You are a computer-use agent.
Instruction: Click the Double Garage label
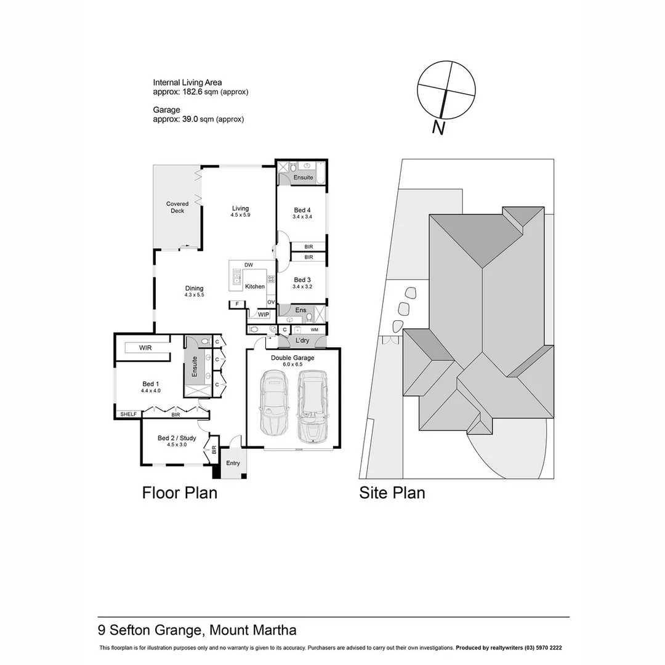click(x=292, y=358)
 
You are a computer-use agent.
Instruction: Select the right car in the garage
click(x=313, y=406)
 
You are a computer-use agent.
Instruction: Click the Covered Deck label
click(x=177, y=207)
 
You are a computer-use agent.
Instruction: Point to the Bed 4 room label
click(x=302, y=210)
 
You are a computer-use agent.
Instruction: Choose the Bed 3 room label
click(x=302, y=280)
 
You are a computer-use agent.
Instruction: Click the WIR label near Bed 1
click(x=145, y=348)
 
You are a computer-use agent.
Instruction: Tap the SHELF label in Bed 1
click(x=128, y=414)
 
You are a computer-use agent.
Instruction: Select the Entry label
click(x=233, y=463)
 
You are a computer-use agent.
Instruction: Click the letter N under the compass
click(x=438, y=127)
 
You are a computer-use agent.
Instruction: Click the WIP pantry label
click(x=264, y=315)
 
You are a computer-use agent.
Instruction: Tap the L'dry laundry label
click(x=302, y=341)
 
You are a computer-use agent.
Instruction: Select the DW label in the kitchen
click(x=249, y=265)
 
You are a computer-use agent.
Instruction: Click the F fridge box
click(x=236, y=304)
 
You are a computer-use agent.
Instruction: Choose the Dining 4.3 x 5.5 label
click(x=194, y=291)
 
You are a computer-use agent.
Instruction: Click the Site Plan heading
click(x=392, y=493)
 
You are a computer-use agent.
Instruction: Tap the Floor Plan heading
click(x=180, y=493)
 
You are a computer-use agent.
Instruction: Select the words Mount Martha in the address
click(x=253, y=630)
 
